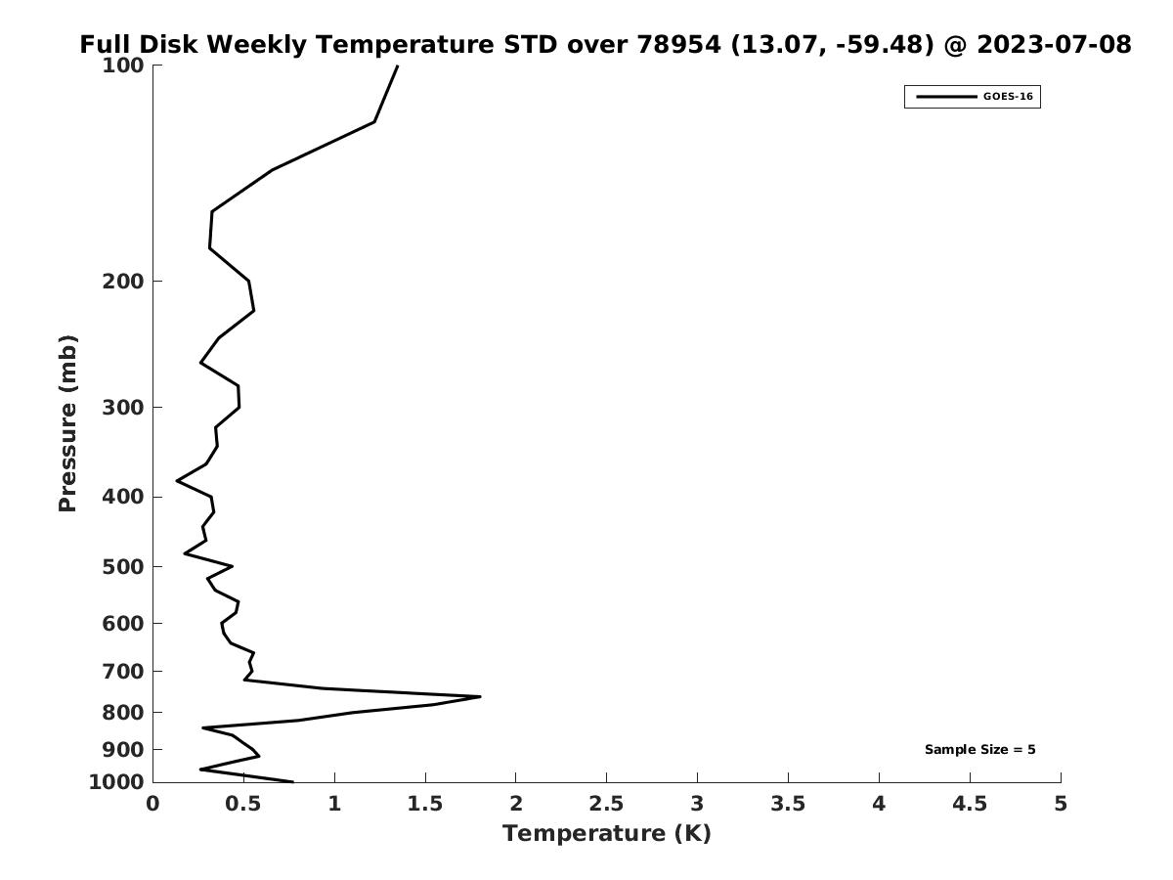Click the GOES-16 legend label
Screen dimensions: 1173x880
coord(1008,97)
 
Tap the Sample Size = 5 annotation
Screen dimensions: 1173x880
coord(980,750)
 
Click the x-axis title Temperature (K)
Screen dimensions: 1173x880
coord(607,833)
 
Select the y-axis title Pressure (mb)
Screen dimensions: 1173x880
coord(67,423)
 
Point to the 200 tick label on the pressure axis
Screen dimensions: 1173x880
coord(123,281)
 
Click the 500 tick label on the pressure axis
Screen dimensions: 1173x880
coord(123,566)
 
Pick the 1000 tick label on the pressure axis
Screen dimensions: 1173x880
coord(116,782)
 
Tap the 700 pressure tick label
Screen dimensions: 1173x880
coord(123,671)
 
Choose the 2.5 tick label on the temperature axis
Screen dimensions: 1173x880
coord(607,804)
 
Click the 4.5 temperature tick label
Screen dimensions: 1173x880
coord(970,804)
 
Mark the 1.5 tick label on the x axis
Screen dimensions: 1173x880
coord(425,804)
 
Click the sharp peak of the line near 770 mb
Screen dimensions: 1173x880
coord(480,697)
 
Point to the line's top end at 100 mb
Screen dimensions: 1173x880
coord(397,66)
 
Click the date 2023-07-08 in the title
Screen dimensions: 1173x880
coord(1055,44)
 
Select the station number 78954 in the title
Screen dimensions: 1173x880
coord(678,44)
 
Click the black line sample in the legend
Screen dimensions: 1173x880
coord(947,97)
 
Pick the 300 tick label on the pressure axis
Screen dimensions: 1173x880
coord(123,408)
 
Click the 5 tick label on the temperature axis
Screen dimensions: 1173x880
coord(1061,804)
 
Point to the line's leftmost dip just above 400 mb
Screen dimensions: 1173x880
coord(177,481)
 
